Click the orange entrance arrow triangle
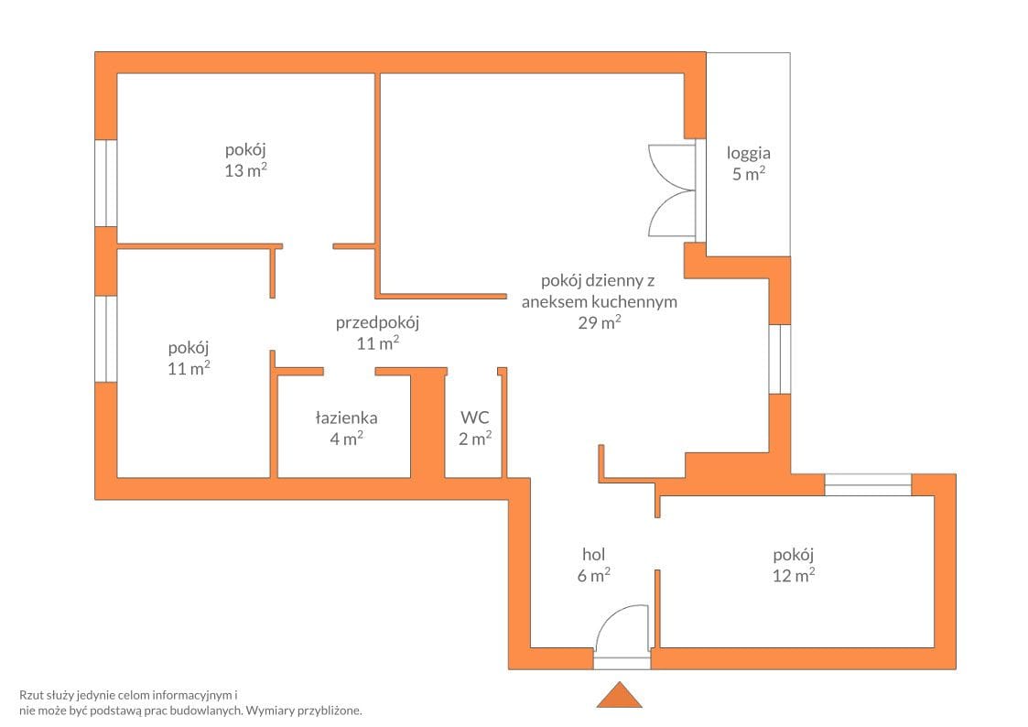619,696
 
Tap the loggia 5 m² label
748,163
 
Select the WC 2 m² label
475,429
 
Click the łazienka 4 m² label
346,429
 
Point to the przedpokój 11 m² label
377,332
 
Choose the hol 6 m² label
593,565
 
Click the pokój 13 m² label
245,160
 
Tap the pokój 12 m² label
794,565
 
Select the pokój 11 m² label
189,358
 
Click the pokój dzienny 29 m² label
600,301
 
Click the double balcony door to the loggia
671,190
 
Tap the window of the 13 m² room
106,183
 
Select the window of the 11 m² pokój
106,338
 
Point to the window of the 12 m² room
868,484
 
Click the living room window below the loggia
780,359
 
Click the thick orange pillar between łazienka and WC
427,423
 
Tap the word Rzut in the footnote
31,695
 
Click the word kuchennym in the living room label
634,301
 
